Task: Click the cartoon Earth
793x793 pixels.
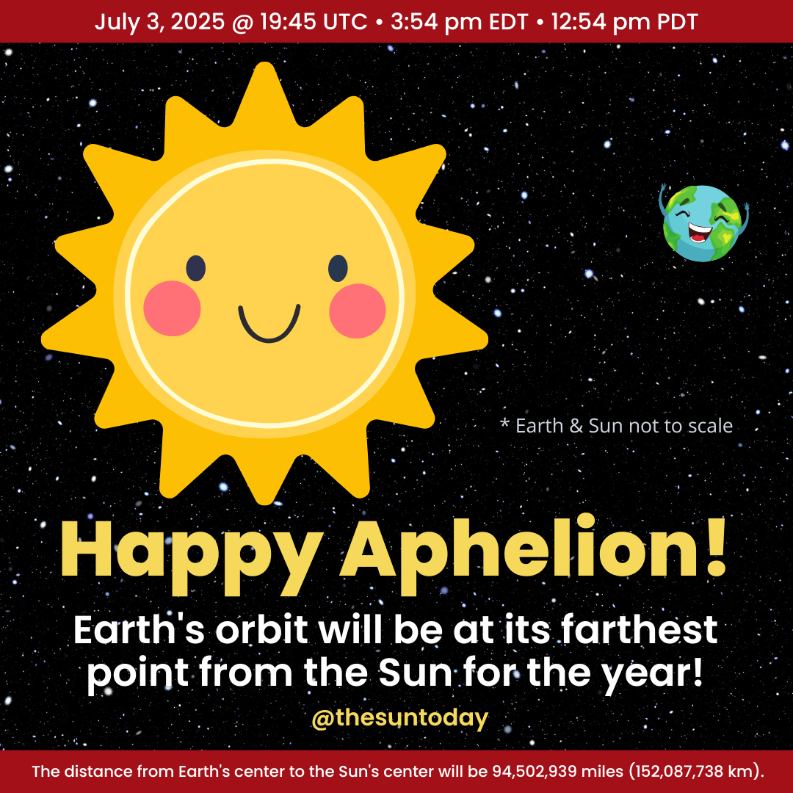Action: [703, 223]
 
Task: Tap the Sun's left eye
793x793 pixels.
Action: [195, 269]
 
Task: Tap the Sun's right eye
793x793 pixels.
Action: [337, 269]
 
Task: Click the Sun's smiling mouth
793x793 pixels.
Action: [269, 323]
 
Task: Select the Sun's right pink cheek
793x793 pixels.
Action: [358, 310]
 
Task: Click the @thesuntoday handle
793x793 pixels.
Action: [399, 718]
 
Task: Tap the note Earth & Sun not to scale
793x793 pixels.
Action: [616, 426]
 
